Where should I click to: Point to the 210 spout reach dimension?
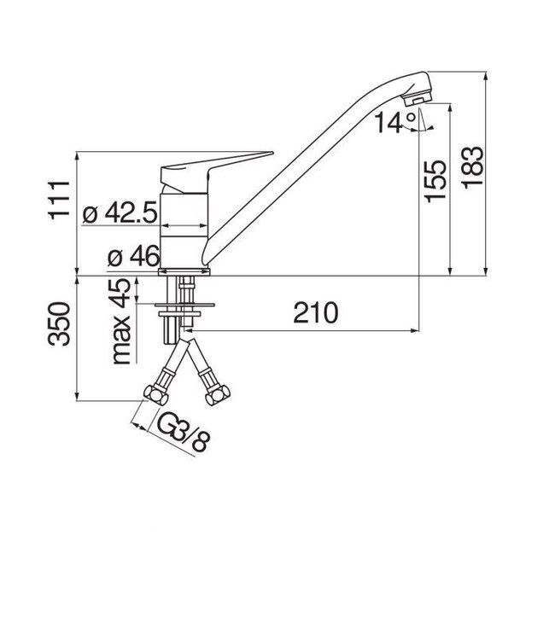point(315,313)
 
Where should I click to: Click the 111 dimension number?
point(59,200)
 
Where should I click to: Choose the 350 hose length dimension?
point(59,324)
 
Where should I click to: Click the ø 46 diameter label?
point(130,256)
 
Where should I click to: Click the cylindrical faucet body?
point(185,226)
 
